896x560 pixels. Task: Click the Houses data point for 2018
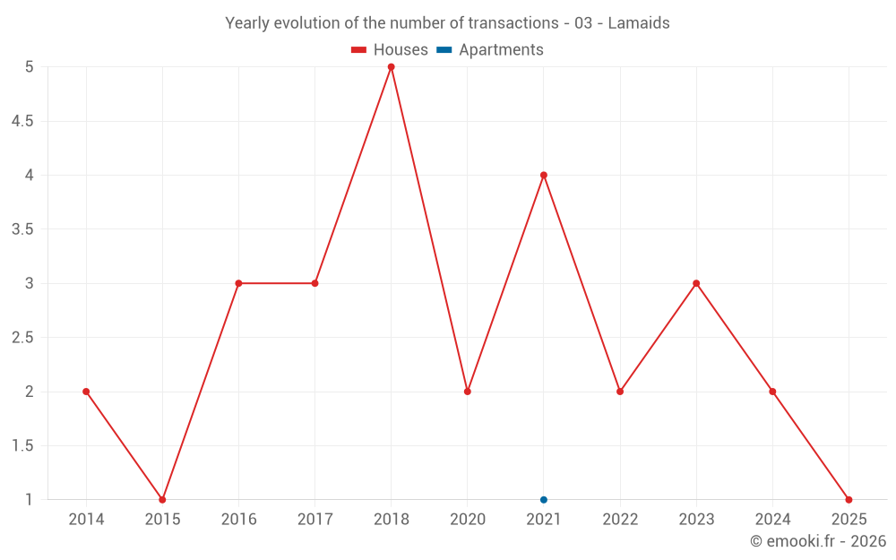(x=392, y=67)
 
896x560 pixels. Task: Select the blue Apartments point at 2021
(x=544, y=500)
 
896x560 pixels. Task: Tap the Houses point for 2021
(x=544, y=175)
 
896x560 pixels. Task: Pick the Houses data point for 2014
(x=86, y=392)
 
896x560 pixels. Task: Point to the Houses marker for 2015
(x=162, y=500)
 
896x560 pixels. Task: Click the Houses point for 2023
(x=696, y=283)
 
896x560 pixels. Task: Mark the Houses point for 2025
(x=849, y=500)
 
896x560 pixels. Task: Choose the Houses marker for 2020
(x=468, y=392)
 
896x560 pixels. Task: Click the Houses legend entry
(x=390, y=50)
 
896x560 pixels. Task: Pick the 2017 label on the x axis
(x=315, y=520)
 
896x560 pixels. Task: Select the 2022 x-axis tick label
(x=620, y=520)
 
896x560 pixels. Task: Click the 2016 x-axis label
(x=238, y=520)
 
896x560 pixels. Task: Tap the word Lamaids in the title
(x=639, y=23)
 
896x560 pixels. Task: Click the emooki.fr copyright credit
(x=818, y=541)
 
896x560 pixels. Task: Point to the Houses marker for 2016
(x=238, y=283)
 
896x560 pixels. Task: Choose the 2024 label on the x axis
(x=772, y=520)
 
